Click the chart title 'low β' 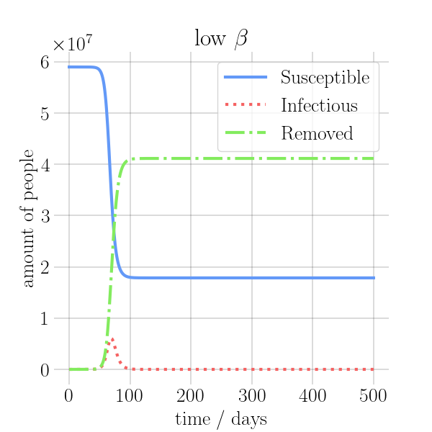coord(220,39)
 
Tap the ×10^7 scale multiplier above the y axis coord(72,44)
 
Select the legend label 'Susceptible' coord(325,77)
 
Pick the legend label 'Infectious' coord(319,105)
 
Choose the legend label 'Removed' coord(317,133)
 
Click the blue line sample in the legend coord(245,77)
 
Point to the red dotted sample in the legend coord(245,105)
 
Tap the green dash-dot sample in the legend coord(245,133)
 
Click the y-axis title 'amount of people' coord(28,218)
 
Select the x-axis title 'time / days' coord(220,419)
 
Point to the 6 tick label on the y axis coord(45,62)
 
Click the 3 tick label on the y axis coord(45,216)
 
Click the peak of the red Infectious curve coord(112,338)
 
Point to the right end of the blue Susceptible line coord(374,277)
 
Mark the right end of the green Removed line coord(374,158)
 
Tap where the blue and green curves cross coord(113,228)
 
